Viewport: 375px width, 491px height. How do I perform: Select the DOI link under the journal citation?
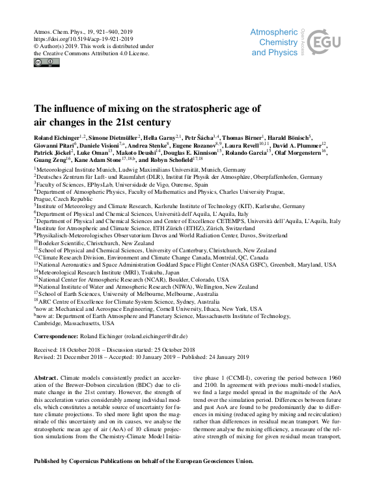[x=78, y=39]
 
